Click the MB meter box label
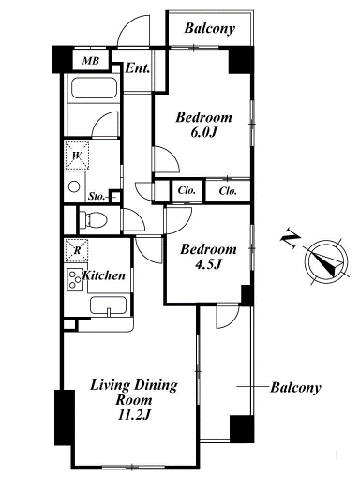(x=91, y=60)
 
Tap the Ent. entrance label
(x=137, y=68)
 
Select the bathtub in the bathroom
(x=94, y=88)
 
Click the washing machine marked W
(x=77, y=156)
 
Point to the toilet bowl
(x=93, y=219)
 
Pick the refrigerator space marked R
(x=76, y=250)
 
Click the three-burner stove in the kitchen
(x=75, y=279)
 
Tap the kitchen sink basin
(x=109, y=305)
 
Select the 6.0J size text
(x=203, y=133)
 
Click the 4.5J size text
(x=208, y=265)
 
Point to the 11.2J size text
(x=134, y=415)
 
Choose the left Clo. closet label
(x=187, y=190)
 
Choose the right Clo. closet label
(x=228, y=191)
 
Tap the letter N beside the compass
(x=290, y=239)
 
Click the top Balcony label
(x=210, y=28)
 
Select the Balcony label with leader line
(x=295, y=388)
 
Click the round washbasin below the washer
(x=74, y=187)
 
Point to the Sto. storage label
(x=96, y=197)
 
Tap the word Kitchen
(x=104, y=275)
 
